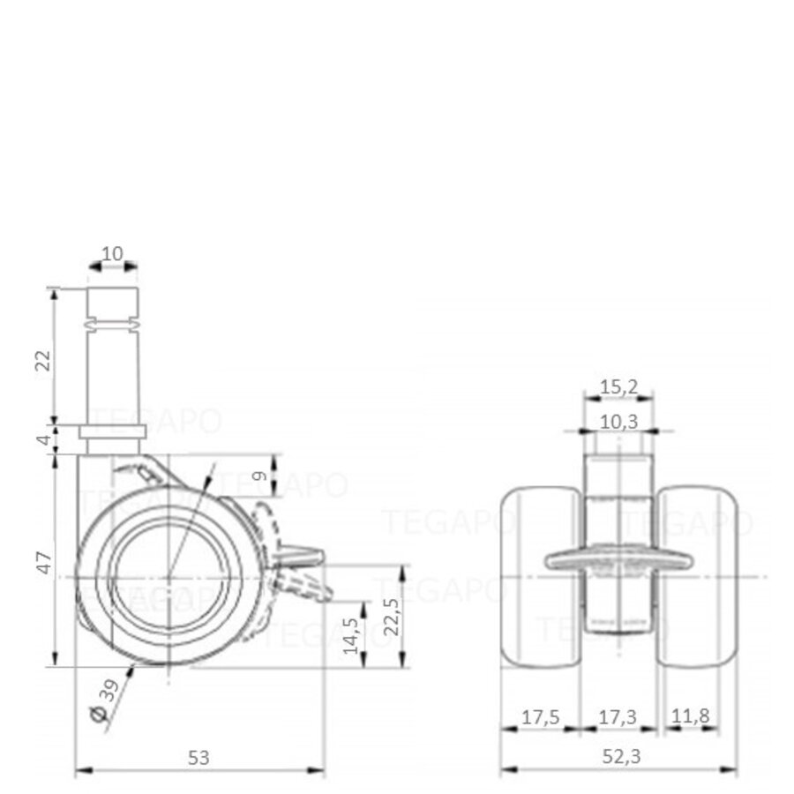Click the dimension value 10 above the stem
(x=113, y=254)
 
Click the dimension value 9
(x=258, y=477)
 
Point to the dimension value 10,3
(x=619, y=423)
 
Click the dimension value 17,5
(x=539, y=716)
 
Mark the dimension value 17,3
(x=619, y=716)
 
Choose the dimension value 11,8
(x=690, y=716)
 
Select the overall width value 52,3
(x=618, y=756)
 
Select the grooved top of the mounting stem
(x=113, y=305)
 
